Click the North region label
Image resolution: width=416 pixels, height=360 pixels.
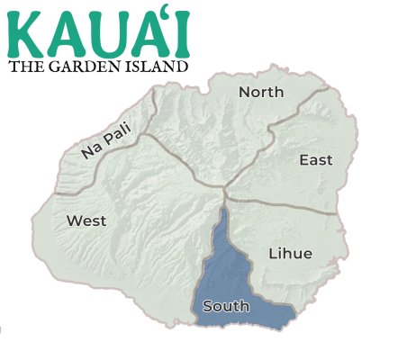[261, 92]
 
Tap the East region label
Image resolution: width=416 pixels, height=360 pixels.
[315, 160]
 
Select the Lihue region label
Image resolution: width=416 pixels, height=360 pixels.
[290, 254]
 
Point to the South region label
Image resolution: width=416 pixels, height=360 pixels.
[226, 306]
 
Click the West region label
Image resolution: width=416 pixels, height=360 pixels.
[86, 220]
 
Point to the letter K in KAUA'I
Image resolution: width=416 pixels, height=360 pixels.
[24, 32]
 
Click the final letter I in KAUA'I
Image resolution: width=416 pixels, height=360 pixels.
[182, 32]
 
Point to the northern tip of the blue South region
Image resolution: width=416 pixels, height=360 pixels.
[223, 209]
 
